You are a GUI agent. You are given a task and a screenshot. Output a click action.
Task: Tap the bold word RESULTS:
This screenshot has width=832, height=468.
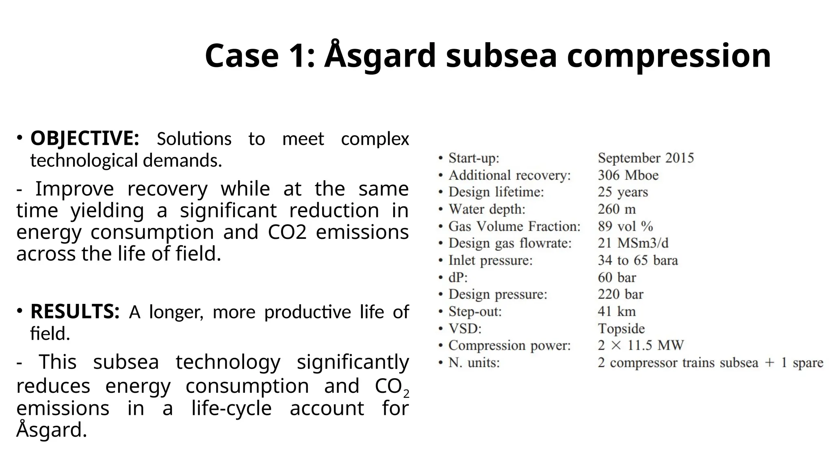[x=75, y=312]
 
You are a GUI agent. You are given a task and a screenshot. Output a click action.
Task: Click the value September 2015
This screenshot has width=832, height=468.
[x=646, y=158]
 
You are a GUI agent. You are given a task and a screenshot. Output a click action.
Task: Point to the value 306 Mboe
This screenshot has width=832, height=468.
[x=628, y=175]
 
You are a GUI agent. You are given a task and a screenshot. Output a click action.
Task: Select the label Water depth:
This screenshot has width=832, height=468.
[x=487, y=209]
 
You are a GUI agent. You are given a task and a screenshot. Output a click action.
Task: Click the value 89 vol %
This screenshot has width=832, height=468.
[x=625, y=226]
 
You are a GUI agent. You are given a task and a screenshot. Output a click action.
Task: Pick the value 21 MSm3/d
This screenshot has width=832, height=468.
[x=633, y=243]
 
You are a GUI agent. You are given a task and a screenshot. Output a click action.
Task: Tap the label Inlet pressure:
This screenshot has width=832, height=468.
[x=490, y=260]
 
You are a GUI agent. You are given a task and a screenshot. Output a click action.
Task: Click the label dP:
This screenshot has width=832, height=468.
[x=458, y=277]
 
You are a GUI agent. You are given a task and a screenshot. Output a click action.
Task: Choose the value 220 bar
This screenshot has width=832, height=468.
[x=620, y=294]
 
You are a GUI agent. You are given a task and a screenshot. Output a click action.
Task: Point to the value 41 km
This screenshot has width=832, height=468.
[x=616, y=312]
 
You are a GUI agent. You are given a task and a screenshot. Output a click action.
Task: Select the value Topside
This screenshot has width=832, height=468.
[x=621, y=329]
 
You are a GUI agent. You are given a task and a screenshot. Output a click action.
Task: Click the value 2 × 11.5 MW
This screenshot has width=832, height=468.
[x=640, y=346]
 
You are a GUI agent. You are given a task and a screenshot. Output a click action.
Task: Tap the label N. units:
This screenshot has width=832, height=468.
[x=474, y=363]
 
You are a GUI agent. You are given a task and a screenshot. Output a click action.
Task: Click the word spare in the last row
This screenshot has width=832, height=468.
[x=808, y=363]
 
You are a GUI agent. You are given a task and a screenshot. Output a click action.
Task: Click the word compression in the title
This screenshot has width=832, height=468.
[x=669, y=56]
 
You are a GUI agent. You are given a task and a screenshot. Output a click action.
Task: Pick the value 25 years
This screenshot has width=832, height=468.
[x=622, y=192]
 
